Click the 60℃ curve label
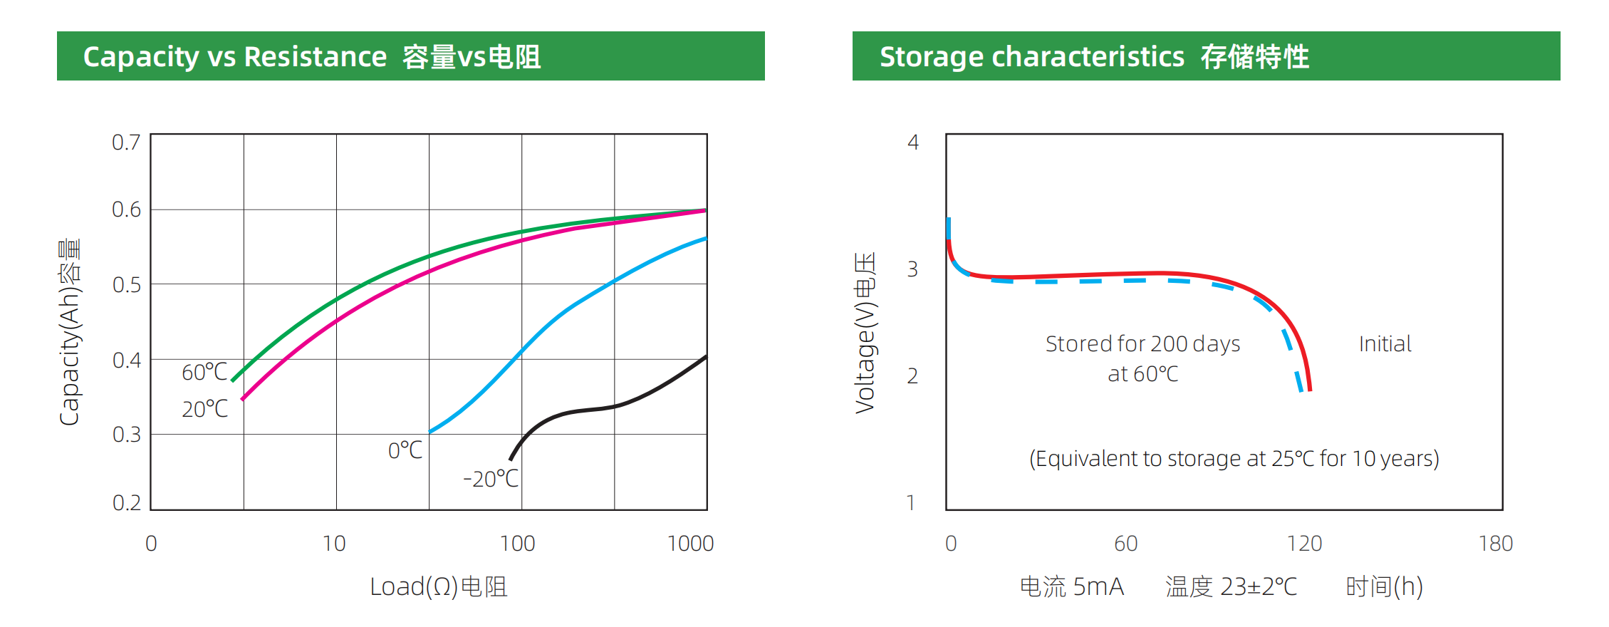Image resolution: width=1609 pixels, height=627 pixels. (x=204, y=372)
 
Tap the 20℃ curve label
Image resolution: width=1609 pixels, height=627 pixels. (x=204, y=409)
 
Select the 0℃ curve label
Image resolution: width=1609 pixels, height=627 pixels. (x=405, y=450)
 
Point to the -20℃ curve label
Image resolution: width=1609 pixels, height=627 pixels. (x=491, y=479)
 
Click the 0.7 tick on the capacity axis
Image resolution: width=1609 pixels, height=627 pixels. (x=126, y=142)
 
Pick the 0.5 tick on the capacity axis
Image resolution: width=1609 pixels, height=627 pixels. (x=126, y=285)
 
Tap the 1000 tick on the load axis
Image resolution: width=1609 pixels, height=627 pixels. (x=690, y=544)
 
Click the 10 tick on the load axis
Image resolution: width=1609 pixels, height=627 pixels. (x=333, y=544)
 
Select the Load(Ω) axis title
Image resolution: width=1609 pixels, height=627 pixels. (x=438, y=586)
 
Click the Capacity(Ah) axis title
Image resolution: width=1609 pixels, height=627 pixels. (x=70, y=332)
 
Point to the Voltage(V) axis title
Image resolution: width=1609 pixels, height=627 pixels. (x=865, y=333)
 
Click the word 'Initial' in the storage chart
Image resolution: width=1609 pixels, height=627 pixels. (x=1385, y=344)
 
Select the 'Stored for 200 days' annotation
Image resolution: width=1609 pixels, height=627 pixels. (x=1142, y=344)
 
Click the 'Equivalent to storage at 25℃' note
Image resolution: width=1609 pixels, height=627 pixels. (x=1234, y=458)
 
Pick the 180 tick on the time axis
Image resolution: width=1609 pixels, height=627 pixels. (x=1495, y=544)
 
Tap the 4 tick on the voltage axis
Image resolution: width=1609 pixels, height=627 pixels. (x=912, y=142)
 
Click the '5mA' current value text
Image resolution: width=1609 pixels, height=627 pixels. (x=1098, y=586)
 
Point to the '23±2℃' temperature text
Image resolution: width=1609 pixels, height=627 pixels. (x=1259, y=586)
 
